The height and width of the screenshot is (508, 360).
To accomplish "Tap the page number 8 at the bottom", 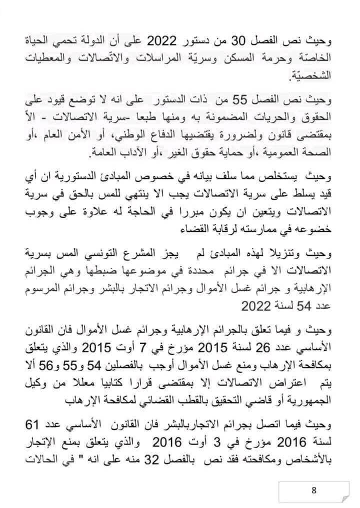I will tap(314, 490).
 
